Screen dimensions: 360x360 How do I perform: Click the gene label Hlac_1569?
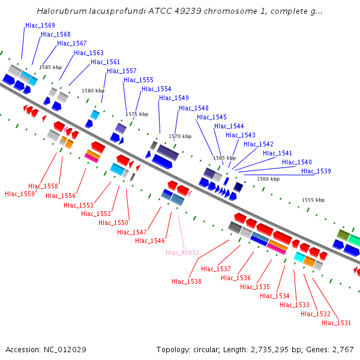tap(40, 26)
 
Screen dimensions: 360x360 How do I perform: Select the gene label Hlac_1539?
tap(316, 172)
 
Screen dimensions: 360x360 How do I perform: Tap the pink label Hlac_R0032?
tap(182, 253)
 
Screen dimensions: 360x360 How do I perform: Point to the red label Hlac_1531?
tap(337, 323)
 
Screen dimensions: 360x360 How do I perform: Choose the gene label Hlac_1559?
tap(20, 194)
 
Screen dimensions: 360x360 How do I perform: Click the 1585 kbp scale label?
tap(50, 68)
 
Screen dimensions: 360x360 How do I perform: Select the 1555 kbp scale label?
tap(313, 200)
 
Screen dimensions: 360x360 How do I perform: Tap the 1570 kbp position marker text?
tap(180, 137)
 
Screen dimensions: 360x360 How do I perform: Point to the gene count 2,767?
tap(342, 349)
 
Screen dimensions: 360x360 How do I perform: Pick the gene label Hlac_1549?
tap(174, 98)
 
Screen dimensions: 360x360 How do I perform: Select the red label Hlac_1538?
tap(187, 281)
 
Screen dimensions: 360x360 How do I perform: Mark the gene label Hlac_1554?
tap(157, 89)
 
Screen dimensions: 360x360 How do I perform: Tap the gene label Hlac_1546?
tap(150, 241)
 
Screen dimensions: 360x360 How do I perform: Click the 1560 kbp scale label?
tap(268, 179)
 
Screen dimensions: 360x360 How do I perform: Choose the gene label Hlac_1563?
tap(89, 53)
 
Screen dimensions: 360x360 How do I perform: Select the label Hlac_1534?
tap(275, 296)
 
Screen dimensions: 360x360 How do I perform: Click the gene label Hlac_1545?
tap(212, 117)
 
